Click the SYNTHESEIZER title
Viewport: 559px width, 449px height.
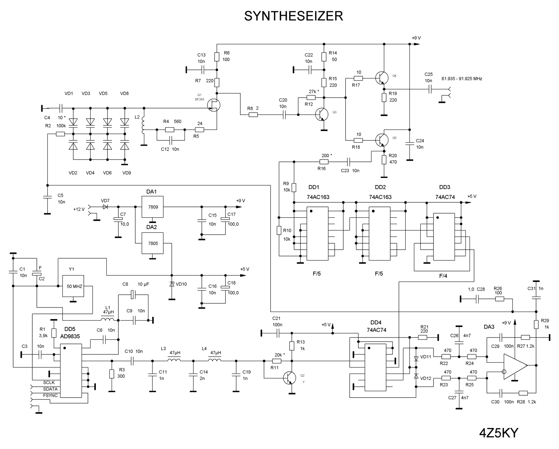(293, 16)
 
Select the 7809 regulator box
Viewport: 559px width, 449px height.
(153, 207)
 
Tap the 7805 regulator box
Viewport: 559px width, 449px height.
(153, 243)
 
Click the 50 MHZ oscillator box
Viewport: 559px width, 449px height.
(73, 286)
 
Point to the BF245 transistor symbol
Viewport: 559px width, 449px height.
(214, 105)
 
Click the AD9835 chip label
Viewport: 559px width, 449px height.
(70, 336)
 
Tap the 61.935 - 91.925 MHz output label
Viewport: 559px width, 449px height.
(462, 79)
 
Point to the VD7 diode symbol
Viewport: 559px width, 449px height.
(105, 207)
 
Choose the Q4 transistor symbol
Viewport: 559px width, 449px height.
(382, 78)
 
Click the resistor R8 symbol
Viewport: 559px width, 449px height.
(253, 115)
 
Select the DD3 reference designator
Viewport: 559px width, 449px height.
(444, 187)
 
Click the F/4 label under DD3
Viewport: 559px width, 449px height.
(443, 276)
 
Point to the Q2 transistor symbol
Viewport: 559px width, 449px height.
(289, 378)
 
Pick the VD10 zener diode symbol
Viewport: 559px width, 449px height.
(172, 284)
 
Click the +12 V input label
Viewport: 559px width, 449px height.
(79, 209)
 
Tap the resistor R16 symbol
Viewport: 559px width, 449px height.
(324, 162)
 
